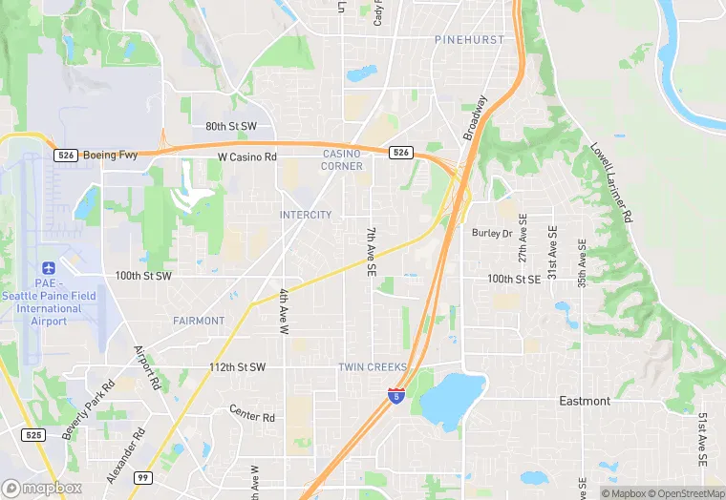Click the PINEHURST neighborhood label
tap(469, 40)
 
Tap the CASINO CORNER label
tap(342, 159)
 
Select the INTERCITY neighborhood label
tap(306, 215)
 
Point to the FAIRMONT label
tap(199, 321)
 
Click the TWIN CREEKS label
tap(373, 367)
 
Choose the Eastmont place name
tap(585, 401)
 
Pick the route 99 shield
tap(142, 477)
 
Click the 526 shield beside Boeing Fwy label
tap(65, 155)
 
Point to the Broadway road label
tap(476, 117)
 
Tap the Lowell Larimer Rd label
tap(612, 183)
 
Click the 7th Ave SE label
tap(372, 252)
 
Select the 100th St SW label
tap(143, 276)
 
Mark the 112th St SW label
tap(237, 367)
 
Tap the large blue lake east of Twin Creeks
tap(452, 399)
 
